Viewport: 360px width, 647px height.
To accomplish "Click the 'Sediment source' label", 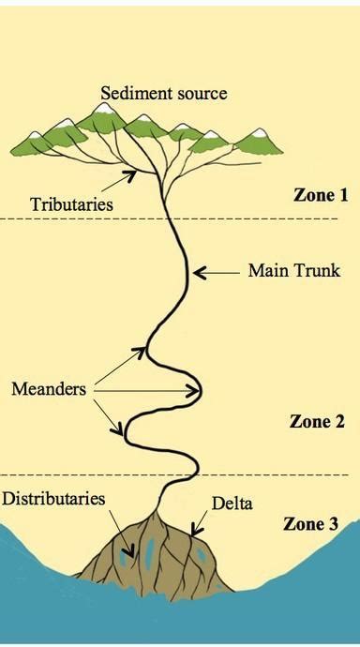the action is tap(164, 93).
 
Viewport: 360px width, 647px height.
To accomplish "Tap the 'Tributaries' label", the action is tap(71, 204).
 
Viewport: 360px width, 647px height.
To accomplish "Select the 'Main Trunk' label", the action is tap(294, 271).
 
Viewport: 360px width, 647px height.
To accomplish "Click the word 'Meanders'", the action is tap(49, 389).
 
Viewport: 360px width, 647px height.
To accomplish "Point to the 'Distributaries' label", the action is tap(53, 499).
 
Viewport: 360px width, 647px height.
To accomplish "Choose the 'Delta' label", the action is tap(232, 504).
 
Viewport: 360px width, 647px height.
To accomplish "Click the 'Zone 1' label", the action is tap(321, 195).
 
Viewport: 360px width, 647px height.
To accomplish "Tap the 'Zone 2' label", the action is tap(317, 421).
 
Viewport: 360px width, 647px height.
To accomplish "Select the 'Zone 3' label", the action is tap(310, 524).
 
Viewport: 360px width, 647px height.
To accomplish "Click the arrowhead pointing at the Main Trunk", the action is tap(198, 273).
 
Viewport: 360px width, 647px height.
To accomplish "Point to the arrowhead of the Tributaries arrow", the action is tap(130, 175).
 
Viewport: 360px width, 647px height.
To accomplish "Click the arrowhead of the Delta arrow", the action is tap(195, 530).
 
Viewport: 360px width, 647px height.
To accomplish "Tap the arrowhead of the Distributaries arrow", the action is tap(130, 551).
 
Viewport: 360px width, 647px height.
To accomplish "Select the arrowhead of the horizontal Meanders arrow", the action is tap(195, 391).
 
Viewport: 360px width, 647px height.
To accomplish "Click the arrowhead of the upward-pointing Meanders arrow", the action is tap(141, 352).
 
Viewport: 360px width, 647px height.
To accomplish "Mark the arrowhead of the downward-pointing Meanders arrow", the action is tap(117, 429).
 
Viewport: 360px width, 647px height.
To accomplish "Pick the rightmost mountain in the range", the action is tap(258, 142).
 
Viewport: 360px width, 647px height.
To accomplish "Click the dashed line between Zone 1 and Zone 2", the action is tap(169, 218).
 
